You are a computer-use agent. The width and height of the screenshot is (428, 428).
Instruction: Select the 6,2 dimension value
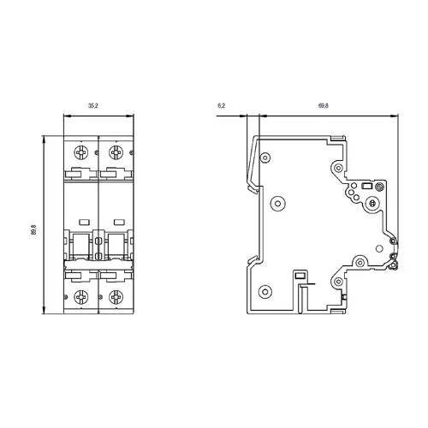click(221, 106)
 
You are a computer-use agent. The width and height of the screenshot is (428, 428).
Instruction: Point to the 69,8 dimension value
click(324, 106)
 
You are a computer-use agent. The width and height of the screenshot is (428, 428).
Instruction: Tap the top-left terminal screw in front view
click(82, 155)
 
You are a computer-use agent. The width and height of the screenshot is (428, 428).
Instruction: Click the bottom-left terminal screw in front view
click(82, 298)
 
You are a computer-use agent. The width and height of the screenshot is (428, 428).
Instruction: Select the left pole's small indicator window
click(83, 220)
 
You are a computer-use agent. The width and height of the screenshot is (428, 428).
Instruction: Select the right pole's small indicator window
click(116, 220)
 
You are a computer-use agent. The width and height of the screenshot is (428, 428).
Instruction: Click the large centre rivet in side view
click(277, 204)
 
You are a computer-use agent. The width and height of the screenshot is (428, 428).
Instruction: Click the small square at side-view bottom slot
click(299, 276)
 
